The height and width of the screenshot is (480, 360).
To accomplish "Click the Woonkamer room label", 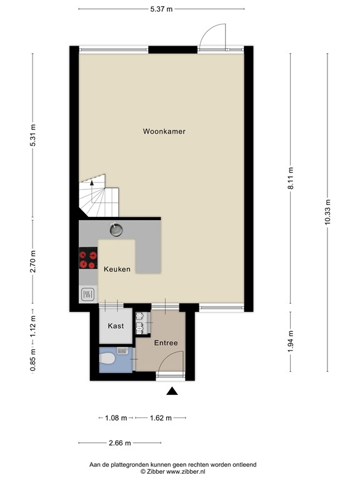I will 164,131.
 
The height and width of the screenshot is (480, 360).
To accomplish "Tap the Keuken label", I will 117,269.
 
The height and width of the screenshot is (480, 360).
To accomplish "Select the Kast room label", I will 116,326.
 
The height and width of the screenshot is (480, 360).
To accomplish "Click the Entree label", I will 166,343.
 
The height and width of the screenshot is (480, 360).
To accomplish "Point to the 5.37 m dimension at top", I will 161,9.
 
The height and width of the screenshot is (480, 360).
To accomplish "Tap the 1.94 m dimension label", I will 291,341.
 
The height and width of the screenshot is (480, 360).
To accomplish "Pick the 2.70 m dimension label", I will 33,261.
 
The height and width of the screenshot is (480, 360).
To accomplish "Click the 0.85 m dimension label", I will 33,361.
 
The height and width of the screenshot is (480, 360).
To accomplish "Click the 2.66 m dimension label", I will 119,443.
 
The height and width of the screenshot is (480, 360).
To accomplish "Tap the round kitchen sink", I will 116,229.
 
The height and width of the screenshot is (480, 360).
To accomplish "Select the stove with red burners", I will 88,259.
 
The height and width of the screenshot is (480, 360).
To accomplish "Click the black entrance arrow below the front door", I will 172,391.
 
